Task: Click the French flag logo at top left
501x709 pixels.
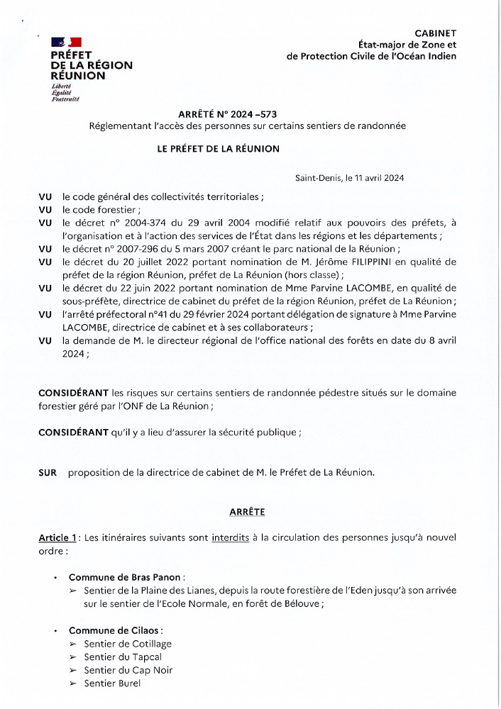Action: [66, 43]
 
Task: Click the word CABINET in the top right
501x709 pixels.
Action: [436, 33]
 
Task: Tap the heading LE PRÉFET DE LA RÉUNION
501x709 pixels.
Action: [219, 149]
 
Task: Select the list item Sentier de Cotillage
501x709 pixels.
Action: [128, 644]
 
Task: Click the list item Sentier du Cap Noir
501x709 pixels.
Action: [128, 670]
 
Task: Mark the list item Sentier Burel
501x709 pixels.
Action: [112, 683]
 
